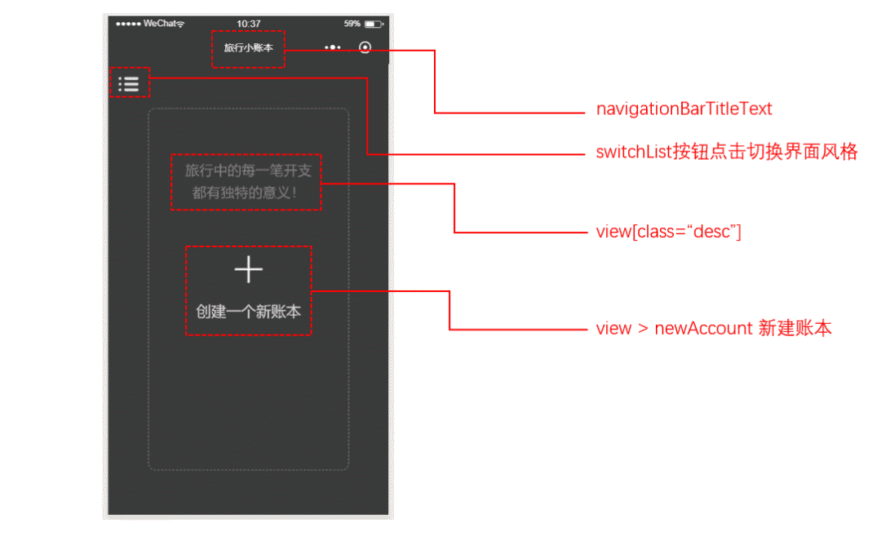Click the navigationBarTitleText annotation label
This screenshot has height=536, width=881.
point(684,109)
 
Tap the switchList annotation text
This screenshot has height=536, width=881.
point(727,153)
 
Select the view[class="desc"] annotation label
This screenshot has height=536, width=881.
point(668,232)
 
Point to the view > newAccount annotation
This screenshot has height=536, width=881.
point(714,329)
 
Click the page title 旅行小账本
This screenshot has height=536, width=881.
point(248,48)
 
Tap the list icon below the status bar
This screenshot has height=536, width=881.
point(129,83)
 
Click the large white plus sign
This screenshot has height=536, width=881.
point(249,270)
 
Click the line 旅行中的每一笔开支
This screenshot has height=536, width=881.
point(248,171)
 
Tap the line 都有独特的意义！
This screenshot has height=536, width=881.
point(246,193)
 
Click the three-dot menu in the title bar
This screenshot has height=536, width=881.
point(332,48)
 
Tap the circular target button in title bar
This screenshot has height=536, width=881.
point(365,48)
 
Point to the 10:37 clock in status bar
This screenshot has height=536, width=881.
point(248,24)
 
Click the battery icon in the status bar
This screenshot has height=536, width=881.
point(373,24)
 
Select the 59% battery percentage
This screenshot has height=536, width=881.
point(352,24)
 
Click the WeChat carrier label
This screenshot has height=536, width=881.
point(159,24)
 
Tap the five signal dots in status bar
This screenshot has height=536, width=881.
point(128,24)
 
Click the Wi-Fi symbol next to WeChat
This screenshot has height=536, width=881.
point(180,24)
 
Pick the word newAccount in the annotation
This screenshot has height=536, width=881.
point(703,329)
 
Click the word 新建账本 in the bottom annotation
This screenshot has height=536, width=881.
point(795,329)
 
